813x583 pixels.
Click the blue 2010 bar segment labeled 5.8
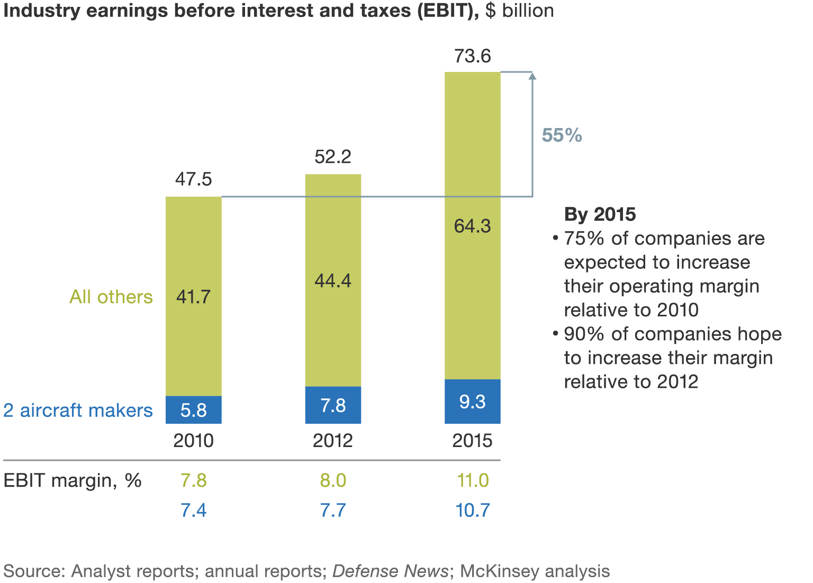193,410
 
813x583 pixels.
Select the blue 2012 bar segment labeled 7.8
333,405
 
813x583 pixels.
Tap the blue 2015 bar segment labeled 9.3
472,402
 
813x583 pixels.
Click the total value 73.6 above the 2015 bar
472,56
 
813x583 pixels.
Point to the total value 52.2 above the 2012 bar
333,157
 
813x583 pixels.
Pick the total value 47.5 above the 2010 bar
193,179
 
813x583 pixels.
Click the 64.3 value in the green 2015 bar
472,226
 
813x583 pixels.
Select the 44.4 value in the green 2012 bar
333,280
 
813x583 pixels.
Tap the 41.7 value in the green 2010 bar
193,297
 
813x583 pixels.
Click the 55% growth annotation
562,135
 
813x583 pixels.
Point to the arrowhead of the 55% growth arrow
532,76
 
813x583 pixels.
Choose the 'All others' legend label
111,297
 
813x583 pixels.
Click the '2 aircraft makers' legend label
78,411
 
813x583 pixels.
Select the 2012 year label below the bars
333,441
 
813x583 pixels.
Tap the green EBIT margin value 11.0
473,480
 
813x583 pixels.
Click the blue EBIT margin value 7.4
193,510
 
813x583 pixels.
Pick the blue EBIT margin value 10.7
473,510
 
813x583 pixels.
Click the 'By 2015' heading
600,214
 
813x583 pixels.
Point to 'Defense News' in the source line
390,571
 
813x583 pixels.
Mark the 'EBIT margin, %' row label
73,480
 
